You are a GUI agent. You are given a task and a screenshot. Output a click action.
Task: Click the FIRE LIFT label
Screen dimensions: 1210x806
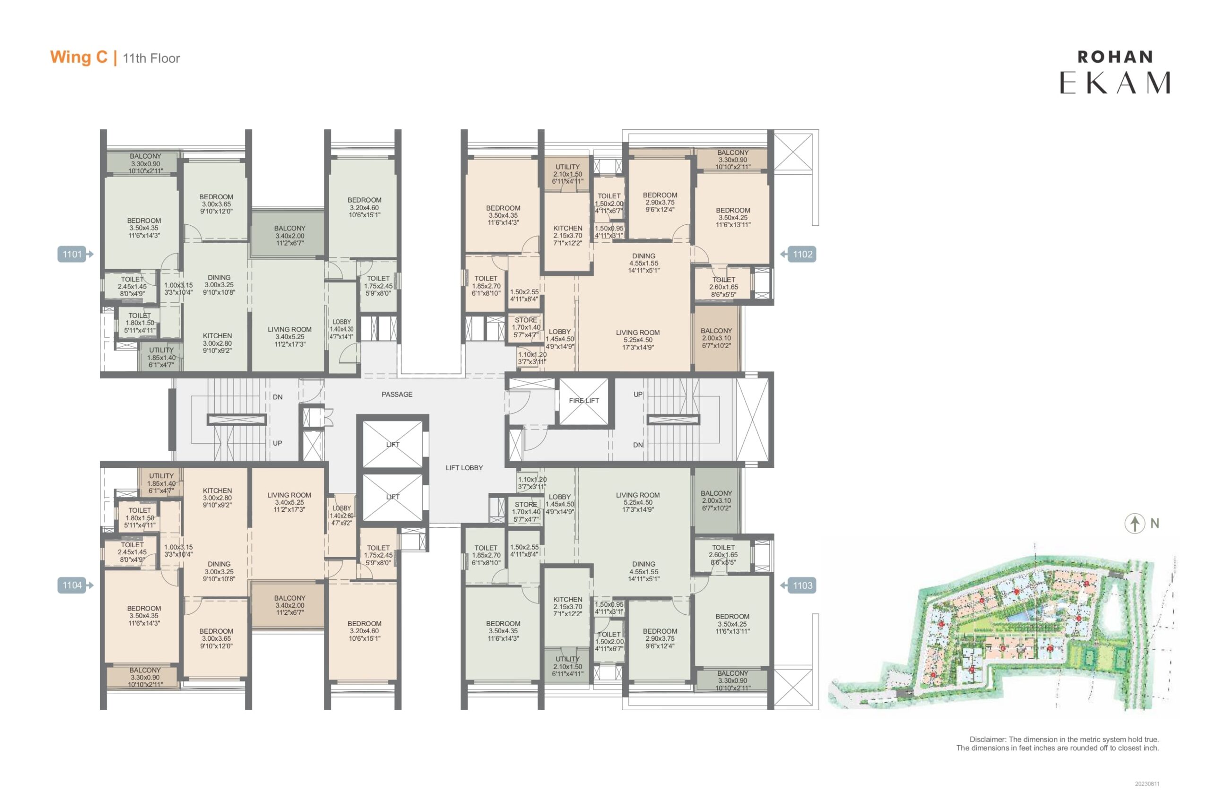[x=584, y=400]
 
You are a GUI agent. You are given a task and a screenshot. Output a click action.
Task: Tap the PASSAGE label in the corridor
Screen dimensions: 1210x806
[x=397, y=394]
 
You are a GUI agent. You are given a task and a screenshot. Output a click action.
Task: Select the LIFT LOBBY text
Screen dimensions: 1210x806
[x=464, y=468]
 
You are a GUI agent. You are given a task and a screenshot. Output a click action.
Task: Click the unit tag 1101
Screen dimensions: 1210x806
[x=75, y=254]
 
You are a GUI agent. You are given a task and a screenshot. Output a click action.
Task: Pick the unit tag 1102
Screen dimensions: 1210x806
[x=798, y=254]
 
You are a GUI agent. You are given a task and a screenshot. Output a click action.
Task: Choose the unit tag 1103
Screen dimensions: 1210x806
[x=798, y=585]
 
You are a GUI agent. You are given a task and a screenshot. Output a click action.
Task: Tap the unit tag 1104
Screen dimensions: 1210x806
[x=75, y=585]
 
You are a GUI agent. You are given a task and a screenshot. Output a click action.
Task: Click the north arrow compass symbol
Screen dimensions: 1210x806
[x=1135, y=524]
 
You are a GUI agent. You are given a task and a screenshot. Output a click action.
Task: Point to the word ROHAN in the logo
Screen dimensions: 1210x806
[x=1115, y=57]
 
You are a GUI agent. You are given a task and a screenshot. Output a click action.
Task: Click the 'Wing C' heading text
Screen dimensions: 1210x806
[x=79, y=57]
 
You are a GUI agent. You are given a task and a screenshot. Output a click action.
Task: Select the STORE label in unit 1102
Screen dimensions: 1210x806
[x=526, y=320]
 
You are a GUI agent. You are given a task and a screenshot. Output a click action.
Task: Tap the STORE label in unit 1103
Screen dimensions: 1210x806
[x=526, y=505]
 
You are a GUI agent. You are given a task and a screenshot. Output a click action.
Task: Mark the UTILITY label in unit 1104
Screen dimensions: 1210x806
[x=161, y=476]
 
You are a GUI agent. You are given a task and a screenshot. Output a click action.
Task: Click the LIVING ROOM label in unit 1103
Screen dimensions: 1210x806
[x=638, y=495]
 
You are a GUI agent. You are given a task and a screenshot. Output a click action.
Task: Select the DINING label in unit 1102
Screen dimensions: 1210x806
[x=644, y=256]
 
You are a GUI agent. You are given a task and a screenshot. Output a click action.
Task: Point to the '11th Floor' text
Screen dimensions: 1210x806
[x=151, y=59]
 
